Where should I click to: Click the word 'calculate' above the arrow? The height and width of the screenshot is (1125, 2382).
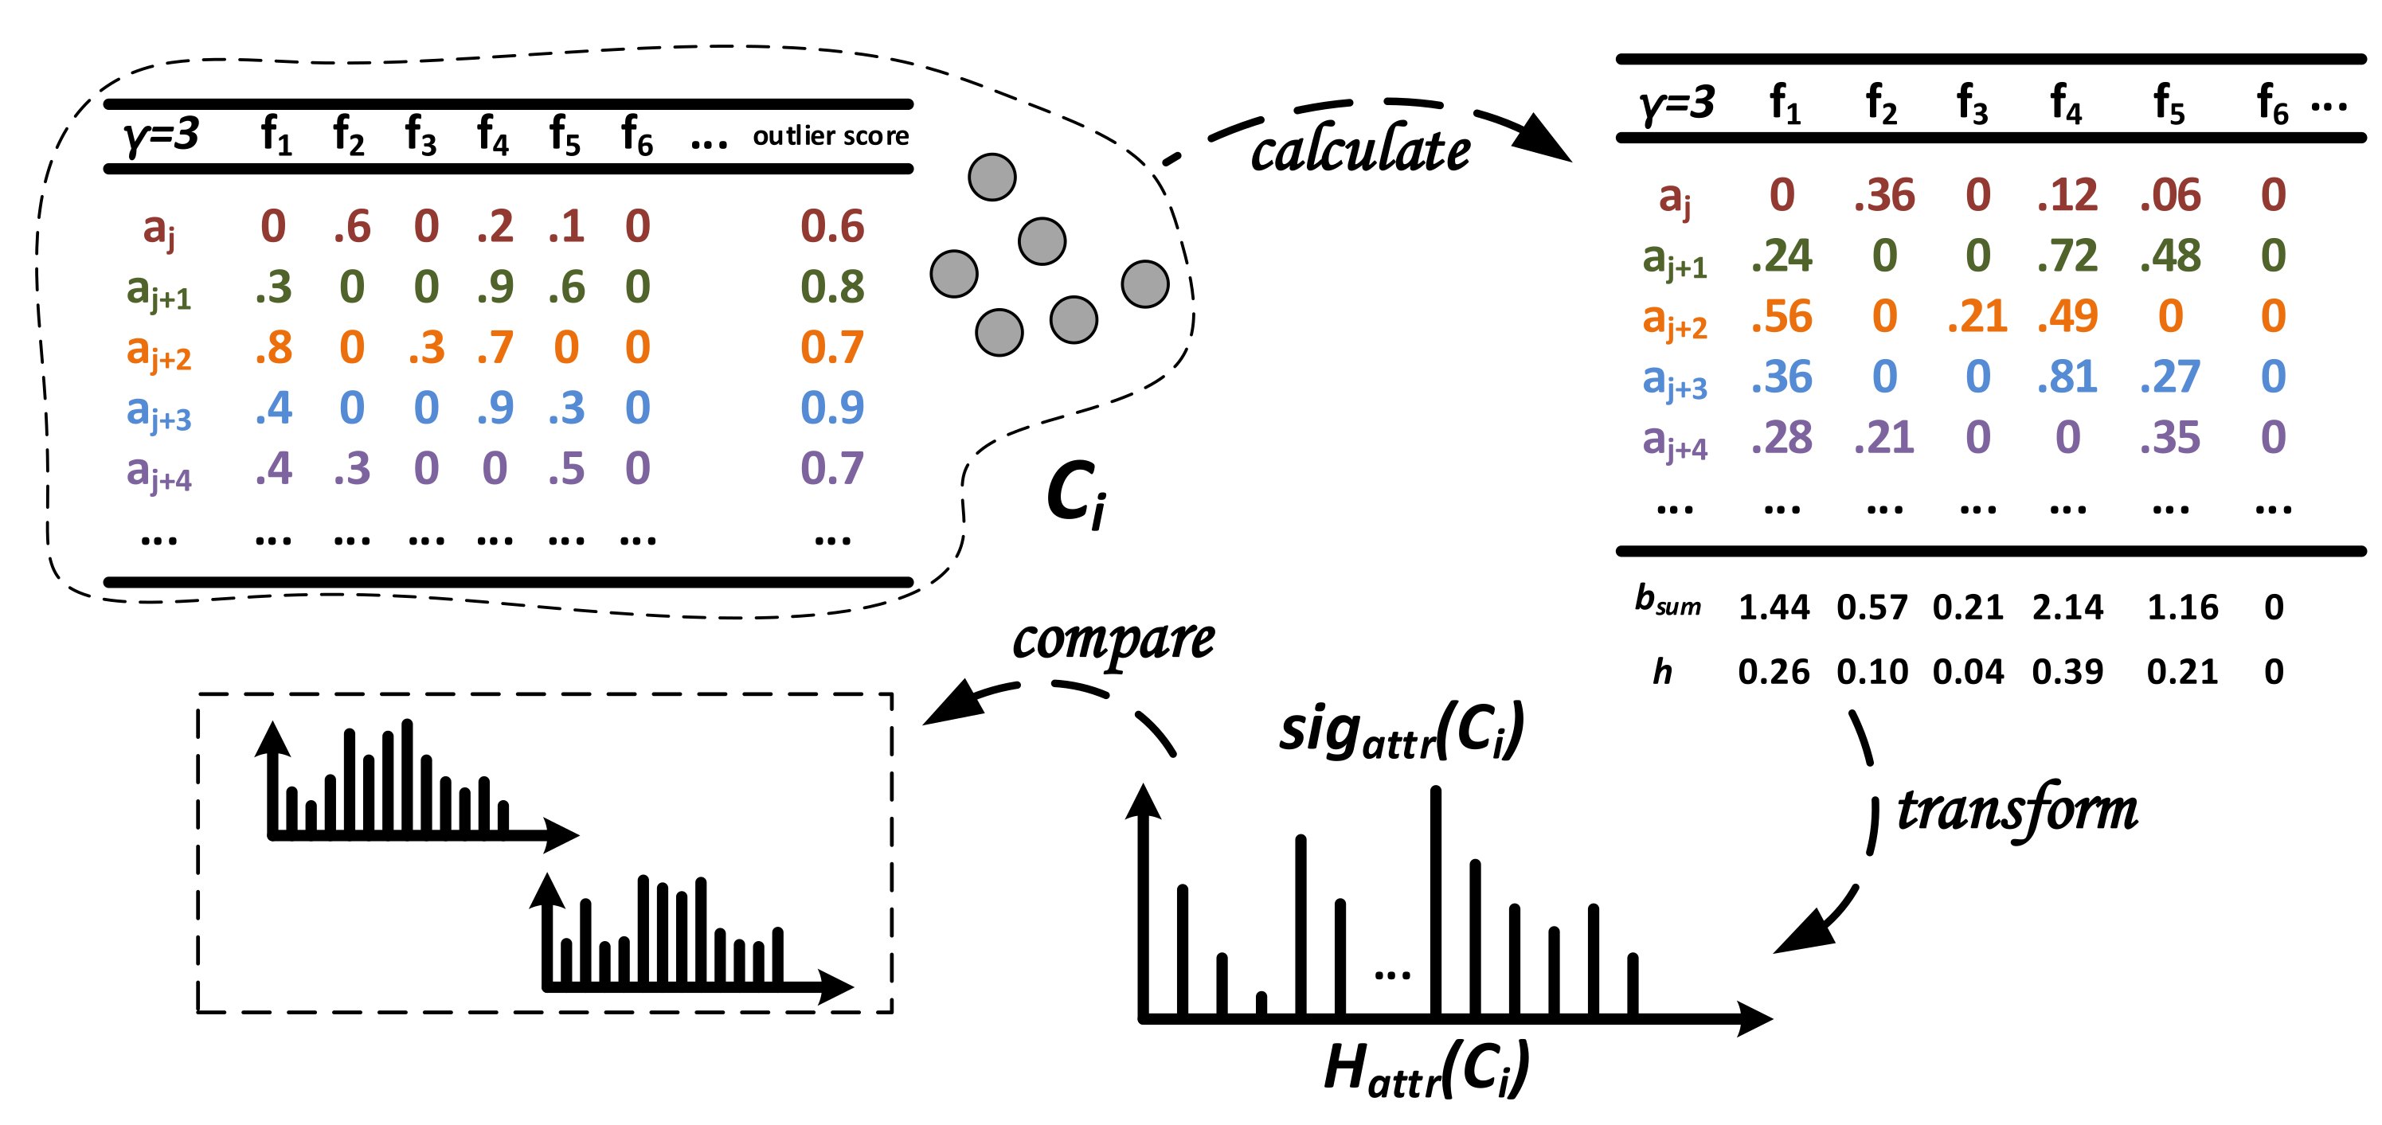(x=1360, y=150)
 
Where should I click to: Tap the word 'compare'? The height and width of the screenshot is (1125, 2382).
(x=1113, y=639)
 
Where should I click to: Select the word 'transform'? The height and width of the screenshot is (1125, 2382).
(x=2016, y=811)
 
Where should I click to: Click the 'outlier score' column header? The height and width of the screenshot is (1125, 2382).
(x=831, y=136)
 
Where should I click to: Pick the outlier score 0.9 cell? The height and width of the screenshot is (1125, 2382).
(x=832, y=408)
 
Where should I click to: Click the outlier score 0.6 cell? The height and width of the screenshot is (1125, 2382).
(x=832, y=226)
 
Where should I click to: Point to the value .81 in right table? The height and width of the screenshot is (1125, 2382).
(x=2067, y=377)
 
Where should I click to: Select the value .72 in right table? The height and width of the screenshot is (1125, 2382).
(x=2067, y=256)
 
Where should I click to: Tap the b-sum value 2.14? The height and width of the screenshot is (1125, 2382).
(x=2067, y=607)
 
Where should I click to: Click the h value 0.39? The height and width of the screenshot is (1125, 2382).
(x=2067, y=672)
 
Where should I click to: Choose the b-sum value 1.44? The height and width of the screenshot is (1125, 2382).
(x=1774, y=607)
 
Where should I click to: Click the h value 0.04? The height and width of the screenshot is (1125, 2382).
(x=1968, y=672)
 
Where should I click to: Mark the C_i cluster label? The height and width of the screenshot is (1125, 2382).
(x=1075, y=494)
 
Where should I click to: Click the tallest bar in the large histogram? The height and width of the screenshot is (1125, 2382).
(x=1435, y=901)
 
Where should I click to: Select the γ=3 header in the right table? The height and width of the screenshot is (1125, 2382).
(x=1676, y=103)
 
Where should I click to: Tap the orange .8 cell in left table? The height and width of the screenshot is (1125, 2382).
(x=274, y=348)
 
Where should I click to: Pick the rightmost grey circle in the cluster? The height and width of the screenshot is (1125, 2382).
(x=1144, y=283)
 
